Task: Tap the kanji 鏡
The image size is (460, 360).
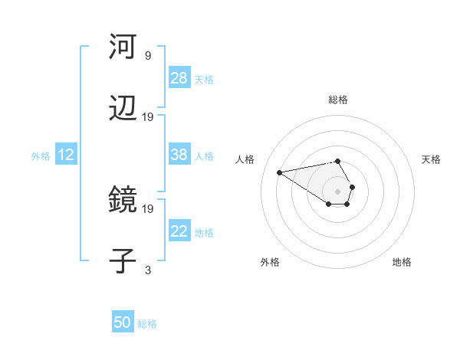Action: pyautogui.click(x=123, y=201)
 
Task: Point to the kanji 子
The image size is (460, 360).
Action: pyautogui.click(x=123, y=260)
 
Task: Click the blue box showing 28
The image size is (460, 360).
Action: pyautogui.click(x=179, y=78)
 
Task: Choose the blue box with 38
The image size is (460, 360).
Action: pyautogui.click(x=179, y=155)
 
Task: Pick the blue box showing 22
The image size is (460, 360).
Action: pyautogui.click(x=179, y=231)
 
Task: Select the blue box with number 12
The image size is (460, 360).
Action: pyautogui.click(x=66, y=155)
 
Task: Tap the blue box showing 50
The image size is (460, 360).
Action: pyautogui.click(x=123, y=322)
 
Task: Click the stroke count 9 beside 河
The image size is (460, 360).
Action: pyautogui.click(x=148, y=56)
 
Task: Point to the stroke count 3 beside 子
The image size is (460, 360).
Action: pyautogui.click(x=148, y=270)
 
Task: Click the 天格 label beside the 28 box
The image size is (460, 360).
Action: pyautogui.click(x=204, y=79)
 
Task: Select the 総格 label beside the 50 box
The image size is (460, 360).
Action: pyautogui.click(x=147, y=324)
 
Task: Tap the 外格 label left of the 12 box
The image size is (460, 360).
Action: pyautogui.click(x=41, y=156)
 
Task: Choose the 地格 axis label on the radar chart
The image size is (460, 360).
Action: pyautogui.click(x=402, y=262)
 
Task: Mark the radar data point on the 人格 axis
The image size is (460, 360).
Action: pyautogui.click(x=280, y=172)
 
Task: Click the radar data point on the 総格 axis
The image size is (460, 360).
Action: pyautogui.click(x=337, y=161)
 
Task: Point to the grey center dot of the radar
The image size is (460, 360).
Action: pyautogui.click(x=337, y=191)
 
